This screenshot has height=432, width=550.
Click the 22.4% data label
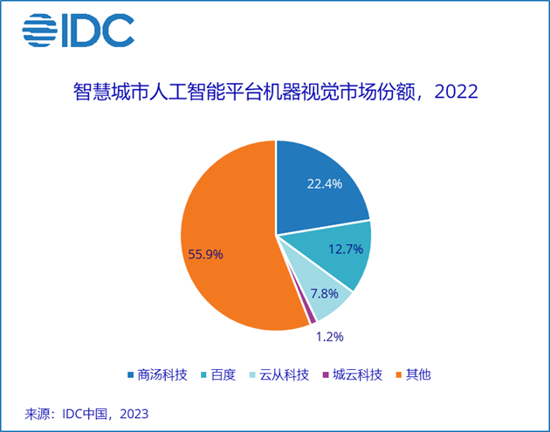click(324, 184)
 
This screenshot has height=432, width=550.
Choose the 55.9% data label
click(206, 254)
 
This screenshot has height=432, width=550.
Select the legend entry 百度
click(222, 375)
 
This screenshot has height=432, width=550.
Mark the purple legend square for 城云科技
click(325, 375)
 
